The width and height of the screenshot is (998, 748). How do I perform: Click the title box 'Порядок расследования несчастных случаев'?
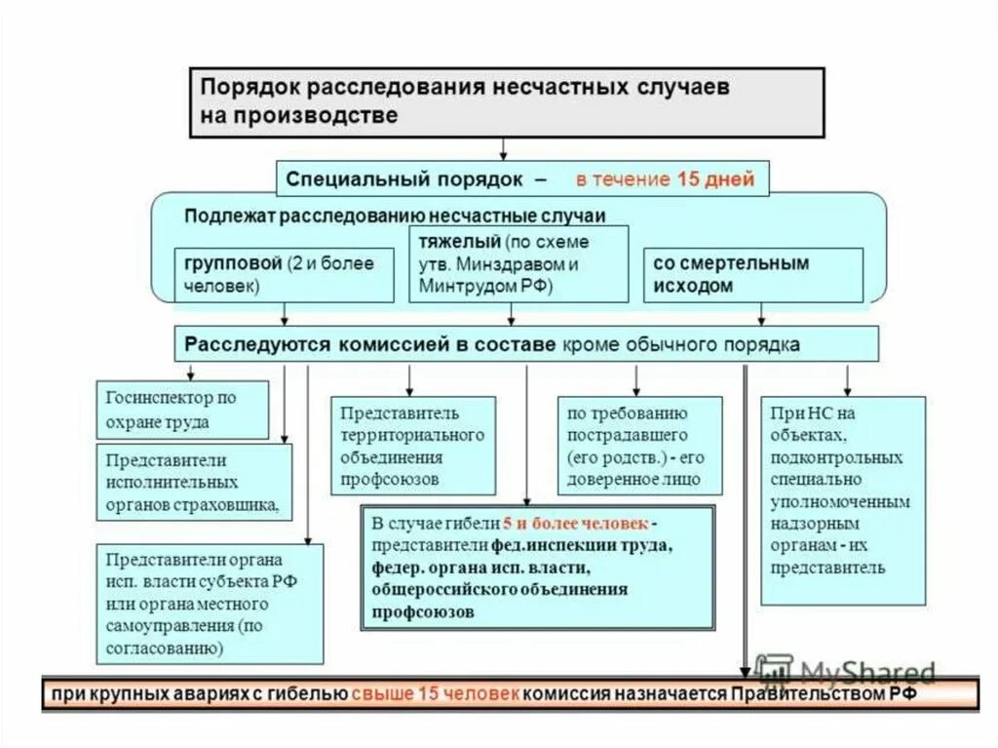506,100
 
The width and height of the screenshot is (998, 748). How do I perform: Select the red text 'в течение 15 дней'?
664,180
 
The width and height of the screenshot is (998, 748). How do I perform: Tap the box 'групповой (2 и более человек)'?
285,275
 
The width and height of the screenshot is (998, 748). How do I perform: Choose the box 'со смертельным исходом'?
752,275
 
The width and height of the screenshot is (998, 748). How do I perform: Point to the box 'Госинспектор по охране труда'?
182,410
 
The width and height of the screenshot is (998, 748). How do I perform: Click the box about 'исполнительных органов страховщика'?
194,482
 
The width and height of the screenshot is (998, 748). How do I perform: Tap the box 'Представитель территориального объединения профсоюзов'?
412,445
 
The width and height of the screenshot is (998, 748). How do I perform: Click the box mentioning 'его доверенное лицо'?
639,445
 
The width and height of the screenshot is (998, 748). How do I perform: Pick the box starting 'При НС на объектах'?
843,499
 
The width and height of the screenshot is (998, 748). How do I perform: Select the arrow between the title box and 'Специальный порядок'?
504,147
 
